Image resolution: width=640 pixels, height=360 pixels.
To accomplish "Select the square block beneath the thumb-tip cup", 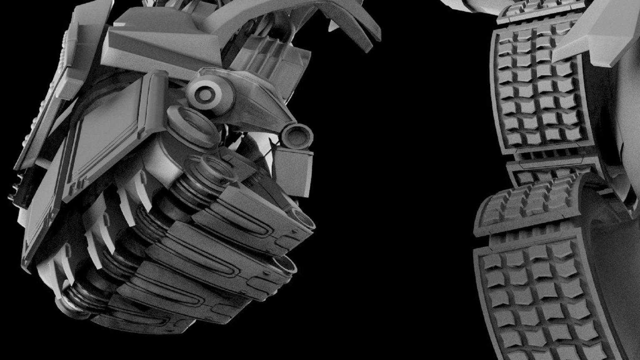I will pyautogui.click(x=293, y=171).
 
